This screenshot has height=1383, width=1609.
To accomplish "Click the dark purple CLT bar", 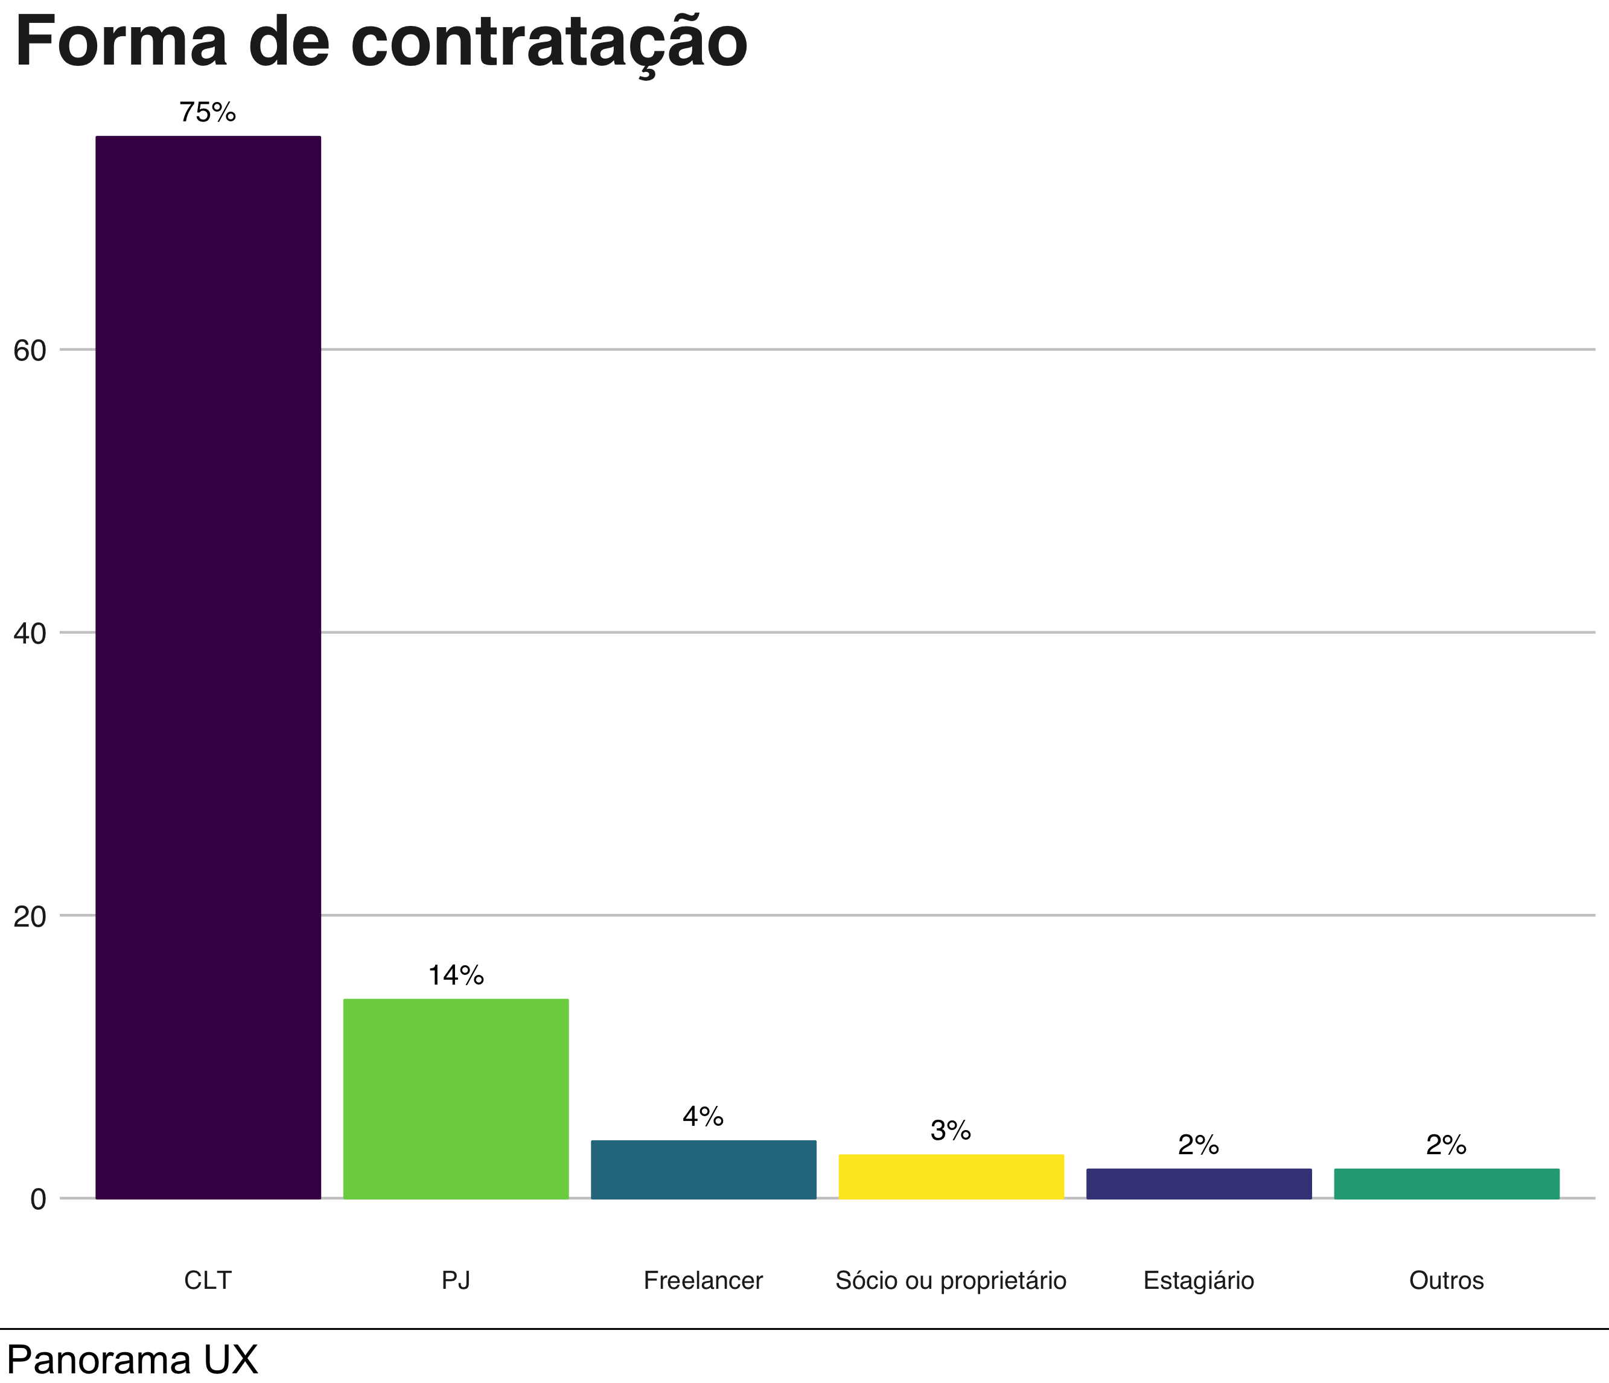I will point(208,668).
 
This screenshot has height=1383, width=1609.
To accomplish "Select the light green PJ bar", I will point(456,1099).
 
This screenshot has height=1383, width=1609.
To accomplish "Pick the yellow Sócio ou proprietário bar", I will point(951,1177).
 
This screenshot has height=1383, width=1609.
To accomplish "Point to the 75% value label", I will point(208,113).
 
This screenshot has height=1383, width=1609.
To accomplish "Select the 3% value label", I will point(951,1131).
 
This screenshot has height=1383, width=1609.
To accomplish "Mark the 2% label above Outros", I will point(1446,1145).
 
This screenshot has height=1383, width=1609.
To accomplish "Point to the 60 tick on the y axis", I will point(30,351).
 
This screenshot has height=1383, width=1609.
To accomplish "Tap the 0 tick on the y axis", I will point(38,1199).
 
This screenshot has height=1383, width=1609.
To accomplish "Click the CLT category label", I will point(208,1280).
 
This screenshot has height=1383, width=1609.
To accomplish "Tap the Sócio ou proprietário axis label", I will point(951,1280).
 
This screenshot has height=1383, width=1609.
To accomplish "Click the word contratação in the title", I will point(549,43).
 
